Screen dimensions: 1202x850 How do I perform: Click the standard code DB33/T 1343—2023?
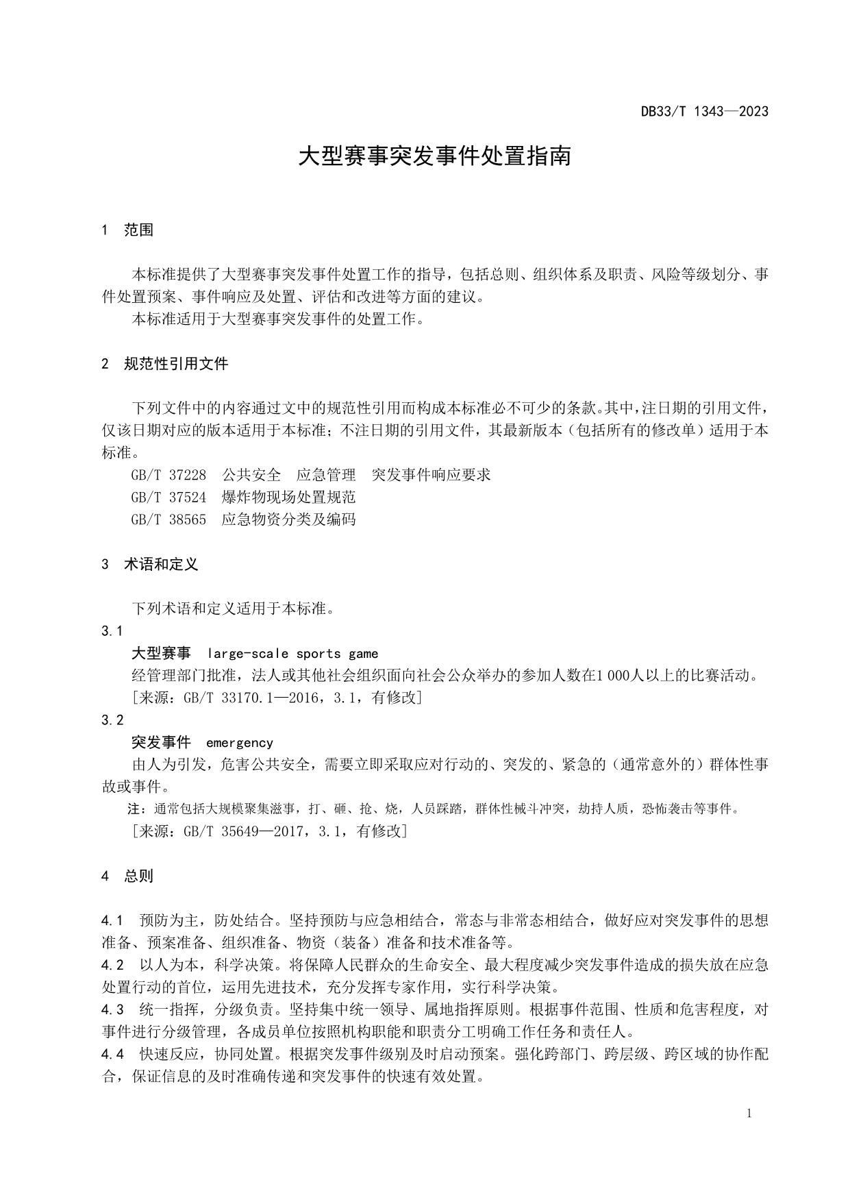(704, 111)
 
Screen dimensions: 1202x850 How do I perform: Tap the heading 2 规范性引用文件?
(164, 364)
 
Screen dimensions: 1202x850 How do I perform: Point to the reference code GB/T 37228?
(168, 475)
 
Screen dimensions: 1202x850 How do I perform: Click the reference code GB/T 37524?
(168, 497)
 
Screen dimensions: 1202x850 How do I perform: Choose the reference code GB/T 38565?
(168, 519)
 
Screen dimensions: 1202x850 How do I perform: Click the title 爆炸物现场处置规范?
(288, 497)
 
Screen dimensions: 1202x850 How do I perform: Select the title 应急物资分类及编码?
(288, 519)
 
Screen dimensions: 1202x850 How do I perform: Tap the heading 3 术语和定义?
(150, 565)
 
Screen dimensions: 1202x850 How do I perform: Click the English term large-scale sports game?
(292, 654)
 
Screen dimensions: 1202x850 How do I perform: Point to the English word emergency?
(239, 743)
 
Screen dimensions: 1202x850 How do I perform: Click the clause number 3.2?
(112, 720)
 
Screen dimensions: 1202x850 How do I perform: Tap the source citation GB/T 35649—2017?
(238, 831)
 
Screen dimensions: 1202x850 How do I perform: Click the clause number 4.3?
(112, 1009)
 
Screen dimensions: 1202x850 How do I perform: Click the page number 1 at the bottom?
(749, 1114)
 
